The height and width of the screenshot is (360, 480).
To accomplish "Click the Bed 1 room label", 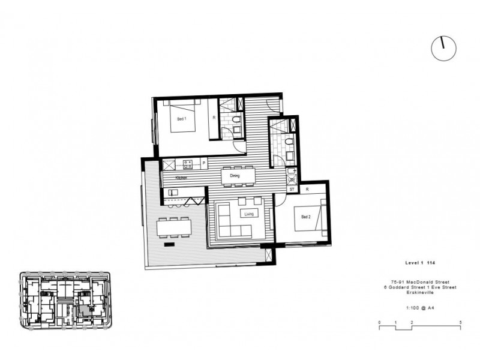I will pos(182,119).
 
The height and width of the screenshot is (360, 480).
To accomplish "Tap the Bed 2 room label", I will pos(305,217).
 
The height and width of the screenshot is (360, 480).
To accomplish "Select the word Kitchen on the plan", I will pos(181,178).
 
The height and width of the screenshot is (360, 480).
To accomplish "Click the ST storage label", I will pos(292,189).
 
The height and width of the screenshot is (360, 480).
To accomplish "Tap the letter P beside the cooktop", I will pos(204,163).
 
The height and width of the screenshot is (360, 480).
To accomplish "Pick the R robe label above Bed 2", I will pos(307,189).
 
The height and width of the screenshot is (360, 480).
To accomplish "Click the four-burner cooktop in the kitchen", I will pos(187,163).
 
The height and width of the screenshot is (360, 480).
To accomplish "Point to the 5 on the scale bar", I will pos(460,323).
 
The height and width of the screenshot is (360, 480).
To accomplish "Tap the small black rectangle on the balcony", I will pos(169,244).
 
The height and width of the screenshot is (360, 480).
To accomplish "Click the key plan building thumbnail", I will pos(67,300).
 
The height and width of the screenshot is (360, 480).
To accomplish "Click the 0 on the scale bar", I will pos(380,323).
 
